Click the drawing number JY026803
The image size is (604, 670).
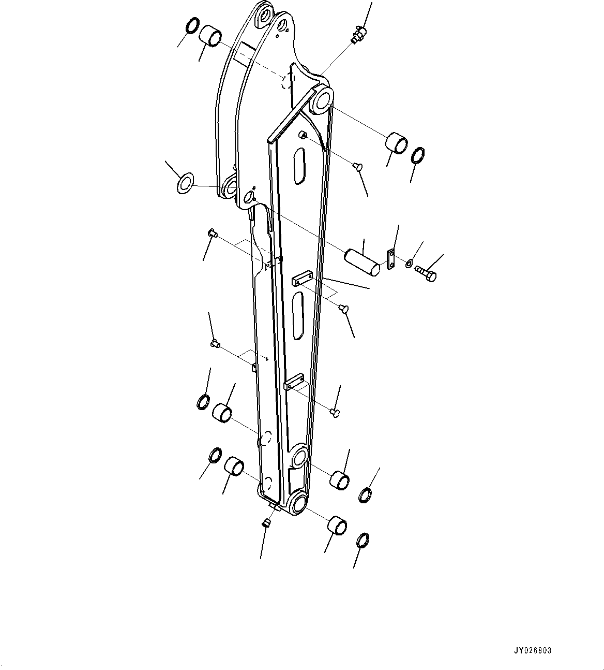point(533,651)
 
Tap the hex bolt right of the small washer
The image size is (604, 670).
point(427,273)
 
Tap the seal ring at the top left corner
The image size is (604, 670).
point(191,26)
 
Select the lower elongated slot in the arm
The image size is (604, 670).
point(298,315)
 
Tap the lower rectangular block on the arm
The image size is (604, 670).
point(293,382)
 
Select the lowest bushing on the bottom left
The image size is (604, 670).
point(234,465)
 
